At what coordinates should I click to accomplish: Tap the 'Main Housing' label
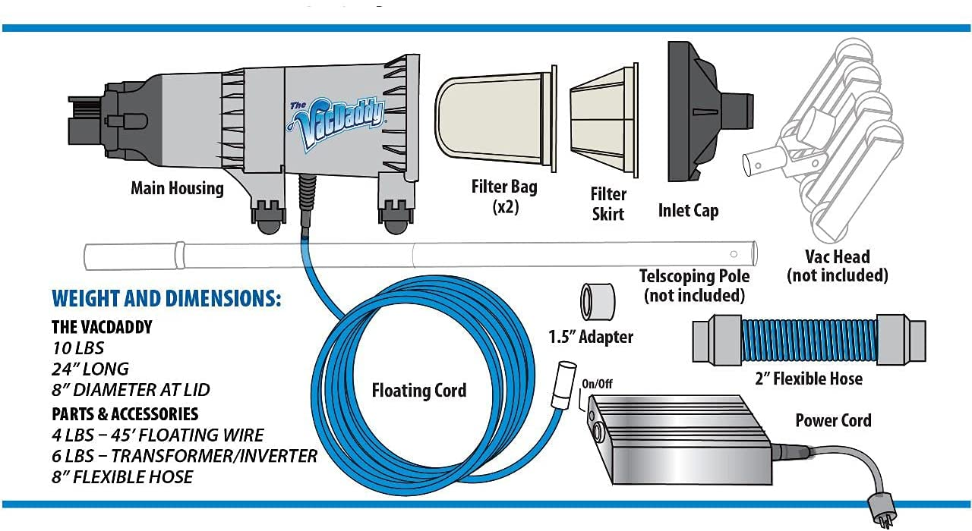tap(177, 187)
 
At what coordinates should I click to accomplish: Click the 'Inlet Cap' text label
tap(688, 210)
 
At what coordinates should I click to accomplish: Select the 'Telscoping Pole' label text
tap(694, 275)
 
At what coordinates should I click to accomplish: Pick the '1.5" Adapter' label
tap(591, 336)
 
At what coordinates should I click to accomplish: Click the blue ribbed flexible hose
tap(808, 340)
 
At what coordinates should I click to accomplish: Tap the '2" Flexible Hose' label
tap(808, 377)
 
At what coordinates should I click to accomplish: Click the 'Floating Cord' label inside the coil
tap(419, 391)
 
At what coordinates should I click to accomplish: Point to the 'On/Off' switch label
tap(596, 384)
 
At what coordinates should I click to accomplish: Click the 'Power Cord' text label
tap(833, 419)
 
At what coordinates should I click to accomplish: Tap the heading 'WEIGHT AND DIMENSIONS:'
tap(166, 298)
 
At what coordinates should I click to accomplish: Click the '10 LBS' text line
tap(78, 348)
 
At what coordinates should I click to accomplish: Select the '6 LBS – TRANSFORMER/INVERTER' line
tap(185, 455)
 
